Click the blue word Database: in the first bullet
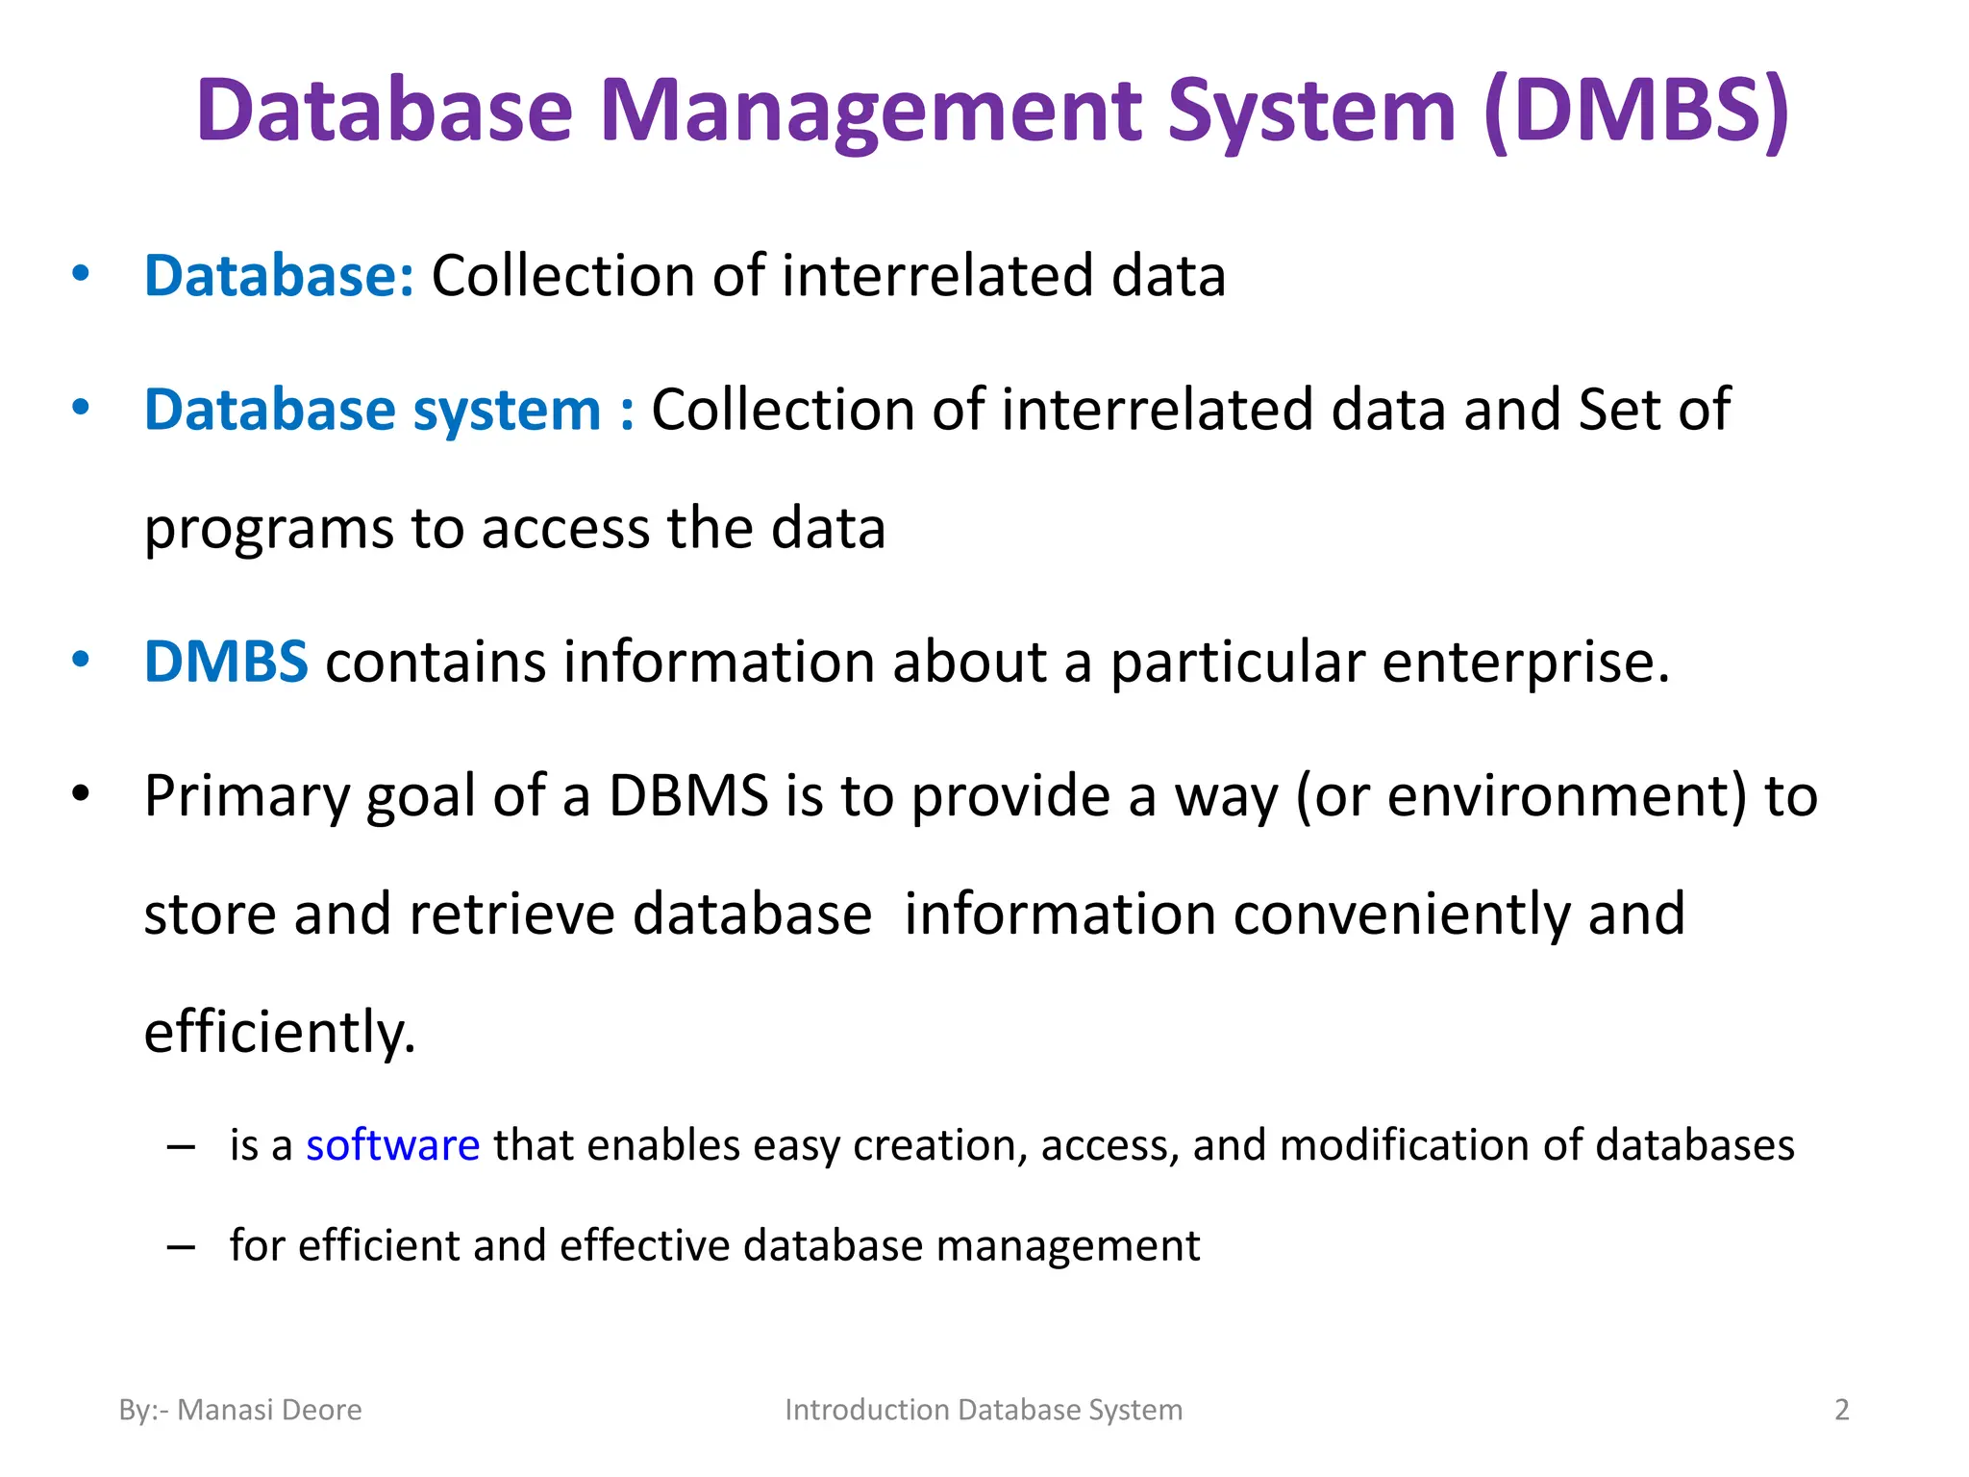pyautogui.click(x=279, y=276)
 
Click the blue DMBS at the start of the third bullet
pyautogui.click(x=226, y=662)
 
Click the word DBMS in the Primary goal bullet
pyautogui.click(x=688, y=796)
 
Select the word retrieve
pyautogui.click(x=511, y=914)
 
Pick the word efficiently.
pyautogui.click(x=279, y=1033)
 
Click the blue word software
pyautogui.click(x=392, y=1145)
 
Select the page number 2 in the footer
pyautogui.click(x=1841, y=1410)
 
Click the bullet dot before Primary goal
pyautogui.click(x=81, y=794)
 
